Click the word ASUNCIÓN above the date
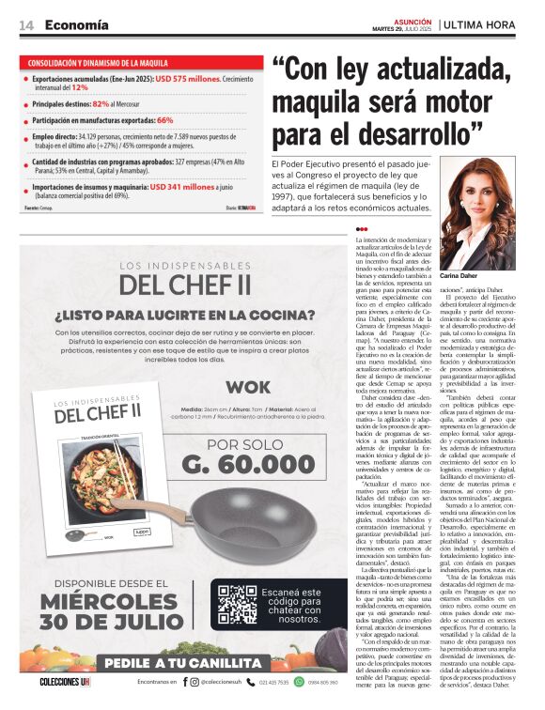tap(411, 20)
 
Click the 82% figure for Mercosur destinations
tap(101, 103)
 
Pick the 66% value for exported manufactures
tap(164, 120)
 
